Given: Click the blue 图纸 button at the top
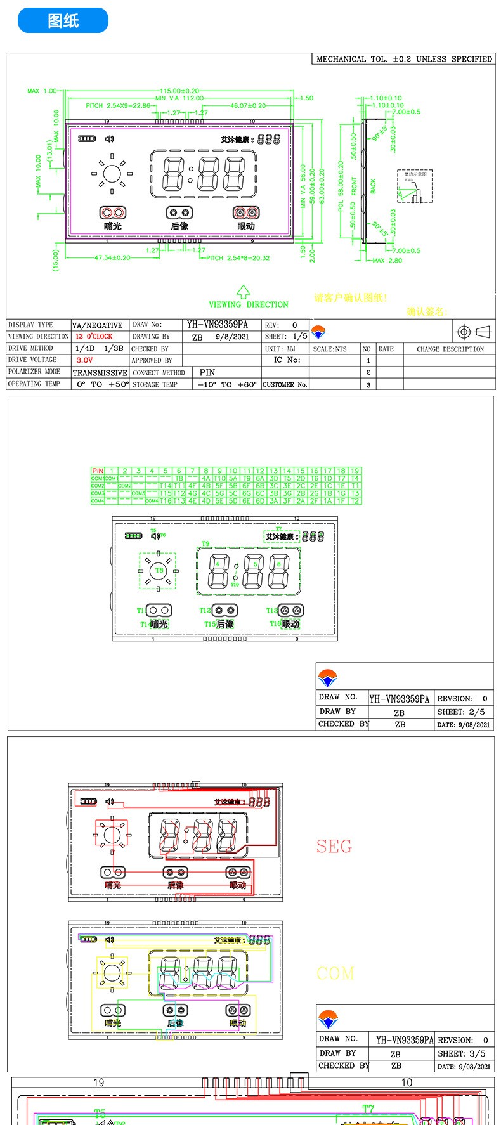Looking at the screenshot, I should (x=63, y=21).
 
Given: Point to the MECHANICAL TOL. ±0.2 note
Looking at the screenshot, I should (x=403, y=59).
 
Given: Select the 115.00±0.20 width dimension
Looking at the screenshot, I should (x=179, y=91).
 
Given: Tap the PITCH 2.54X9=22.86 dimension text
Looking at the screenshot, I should (x=118, y=106).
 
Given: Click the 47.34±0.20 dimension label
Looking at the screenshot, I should (x=112, y=258).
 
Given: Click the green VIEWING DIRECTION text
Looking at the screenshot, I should (x=249, y=304).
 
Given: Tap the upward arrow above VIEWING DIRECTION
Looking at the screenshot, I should (x=243, y=292).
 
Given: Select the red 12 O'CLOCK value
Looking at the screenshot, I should (x=94, y=337).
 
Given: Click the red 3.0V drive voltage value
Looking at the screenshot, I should (x=84, y=360).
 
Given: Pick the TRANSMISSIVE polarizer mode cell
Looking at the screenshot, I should (x=100, y=373).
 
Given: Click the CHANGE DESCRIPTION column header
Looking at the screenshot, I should (x=450, y=349).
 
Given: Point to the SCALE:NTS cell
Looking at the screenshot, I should (x=330, y=349).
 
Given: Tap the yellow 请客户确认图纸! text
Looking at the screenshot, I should (x=350, y=298).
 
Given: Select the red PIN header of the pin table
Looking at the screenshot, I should (x=98, y=471).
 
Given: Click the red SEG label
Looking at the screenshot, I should (x=334, y=847).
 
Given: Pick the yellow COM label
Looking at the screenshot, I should (x=335, y=973).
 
